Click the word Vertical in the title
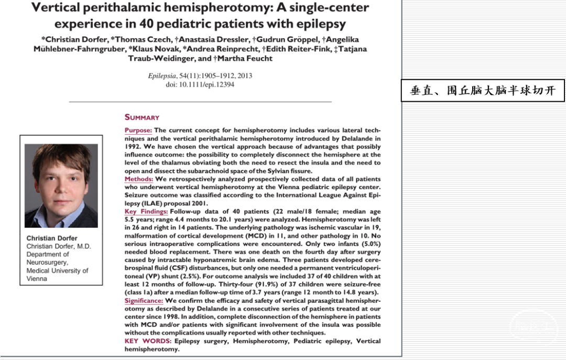click(56, 8)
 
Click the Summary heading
click(141, 117)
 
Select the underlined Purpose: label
click(138, 130)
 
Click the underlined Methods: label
click(138, 179)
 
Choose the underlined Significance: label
click(144, 301)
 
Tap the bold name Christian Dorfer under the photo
click(52, 238)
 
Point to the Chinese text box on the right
click(483, 90)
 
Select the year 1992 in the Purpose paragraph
click(135, 147)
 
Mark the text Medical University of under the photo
click(57, 271)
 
